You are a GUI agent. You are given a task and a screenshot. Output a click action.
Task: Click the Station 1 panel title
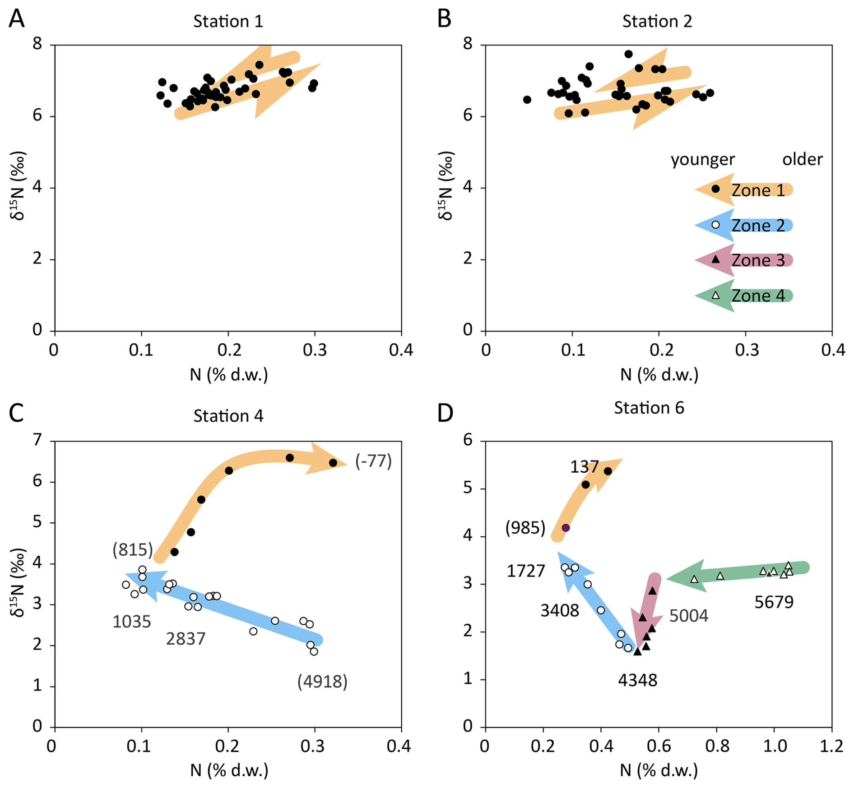(228, 21)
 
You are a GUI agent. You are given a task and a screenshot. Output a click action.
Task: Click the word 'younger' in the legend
(702, 159)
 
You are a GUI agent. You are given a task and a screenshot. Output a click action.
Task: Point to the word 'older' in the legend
(802, 159)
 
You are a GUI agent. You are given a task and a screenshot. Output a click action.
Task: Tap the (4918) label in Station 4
(322, 681)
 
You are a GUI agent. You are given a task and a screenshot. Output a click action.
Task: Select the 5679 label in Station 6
(774, 602)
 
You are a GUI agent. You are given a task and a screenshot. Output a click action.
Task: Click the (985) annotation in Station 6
(525, 527)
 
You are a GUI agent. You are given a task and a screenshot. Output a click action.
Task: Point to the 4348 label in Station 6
(637, 680)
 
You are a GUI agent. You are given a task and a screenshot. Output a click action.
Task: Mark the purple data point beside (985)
(566, 528)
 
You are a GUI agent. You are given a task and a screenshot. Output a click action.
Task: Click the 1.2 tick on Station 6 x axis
(831, 746)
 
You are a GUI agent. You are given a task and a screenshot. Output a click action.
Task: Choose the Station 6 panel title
(649, 408)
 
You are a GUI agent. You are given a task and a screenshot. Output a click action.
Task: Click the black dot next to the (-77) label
(333, 463)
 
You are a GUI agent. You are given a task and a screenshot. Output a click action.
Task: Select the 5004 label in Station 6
(688, 616)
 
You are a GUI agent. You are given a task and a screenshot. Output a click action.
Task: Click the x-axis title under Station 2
(659, 374)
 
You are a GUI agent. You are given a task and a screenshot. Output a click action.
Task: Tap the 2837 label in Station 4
(186, 639)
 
